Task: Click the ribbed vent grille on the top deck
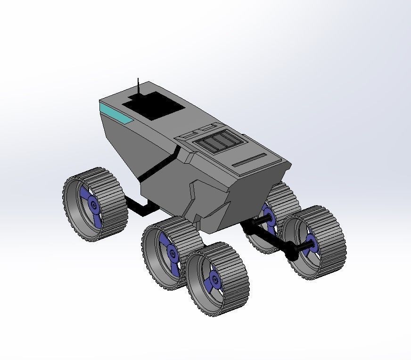pyautogui.click(x=218, y=141)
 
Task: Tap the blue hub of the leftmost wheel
pyautogui.click(x=92, y=204)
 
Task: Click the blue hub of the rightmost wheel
pyautogui.click(x=311, y=244)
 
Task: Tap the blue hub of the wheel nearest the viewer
pyautogui.click(x=214, y=280)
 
